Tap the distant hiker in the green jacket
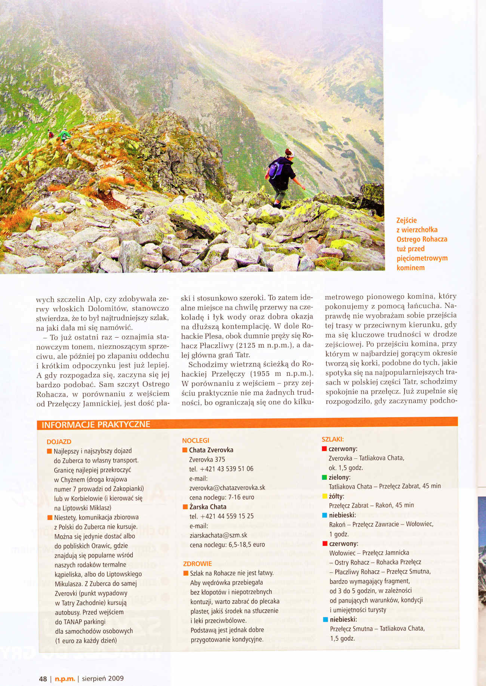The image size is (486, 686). coord(64,135)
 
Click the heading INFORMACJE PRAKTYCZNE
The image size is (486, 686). coord(96,424)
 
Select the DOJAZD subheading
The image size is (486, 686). coord(59,442)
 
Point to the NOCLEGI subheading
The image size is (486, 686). coord(196,440)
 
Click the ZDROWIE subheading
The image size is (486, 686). coord(197,563)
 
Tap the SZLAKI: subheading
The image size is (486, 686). coord(333,439)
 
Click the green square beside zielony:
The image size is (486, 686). coord(324,477)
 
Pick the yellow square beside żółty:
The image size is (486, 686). coord(324,496)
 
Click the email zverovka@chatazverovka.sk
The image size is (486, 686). coord(227,487)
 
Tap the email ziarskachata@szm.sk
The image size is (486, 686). coord(218,535)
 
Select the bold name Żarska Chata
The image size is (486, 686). coord(208,507)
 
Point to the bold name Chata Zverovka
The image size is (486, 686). coord(211,450)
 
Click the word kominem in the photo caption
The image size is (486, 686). coord(410,267)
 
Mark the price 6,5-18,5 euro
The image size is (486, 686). coord(247,545)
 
